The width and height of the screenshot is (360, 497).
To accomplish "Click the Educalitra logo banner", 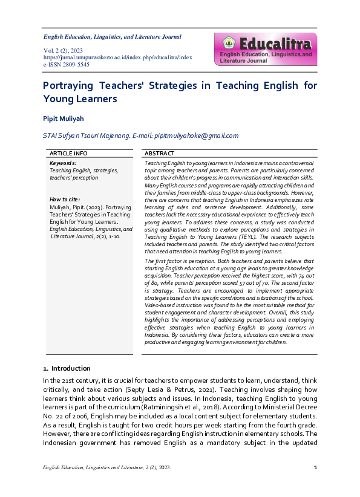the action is point(264,49).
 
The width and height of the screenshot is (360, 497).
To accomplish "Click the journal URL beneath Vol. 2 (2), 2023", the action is point(117,57).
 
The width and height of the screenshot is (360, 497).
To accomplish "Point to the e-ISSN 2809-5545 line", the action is point(66,64).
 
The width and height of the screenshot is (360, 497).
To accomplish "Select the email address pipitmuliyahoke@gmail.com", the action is point(197,136).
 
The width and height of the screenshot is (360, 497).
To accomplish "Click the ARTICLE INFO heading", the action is point(68,154).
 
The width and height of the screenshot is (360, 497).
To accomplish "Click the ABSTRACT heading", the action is point(159,154).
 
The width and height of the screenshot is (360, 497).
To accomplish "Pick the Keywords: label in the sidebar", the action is point(63,163).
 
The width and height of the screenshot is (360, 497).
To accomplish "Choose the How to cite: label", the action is point(64,200).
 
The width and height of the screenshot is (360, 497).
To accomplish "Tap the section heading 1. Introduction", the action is point(67,368).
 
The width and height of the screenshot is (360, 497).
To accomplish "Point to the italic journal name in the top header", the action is point(112,37).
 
